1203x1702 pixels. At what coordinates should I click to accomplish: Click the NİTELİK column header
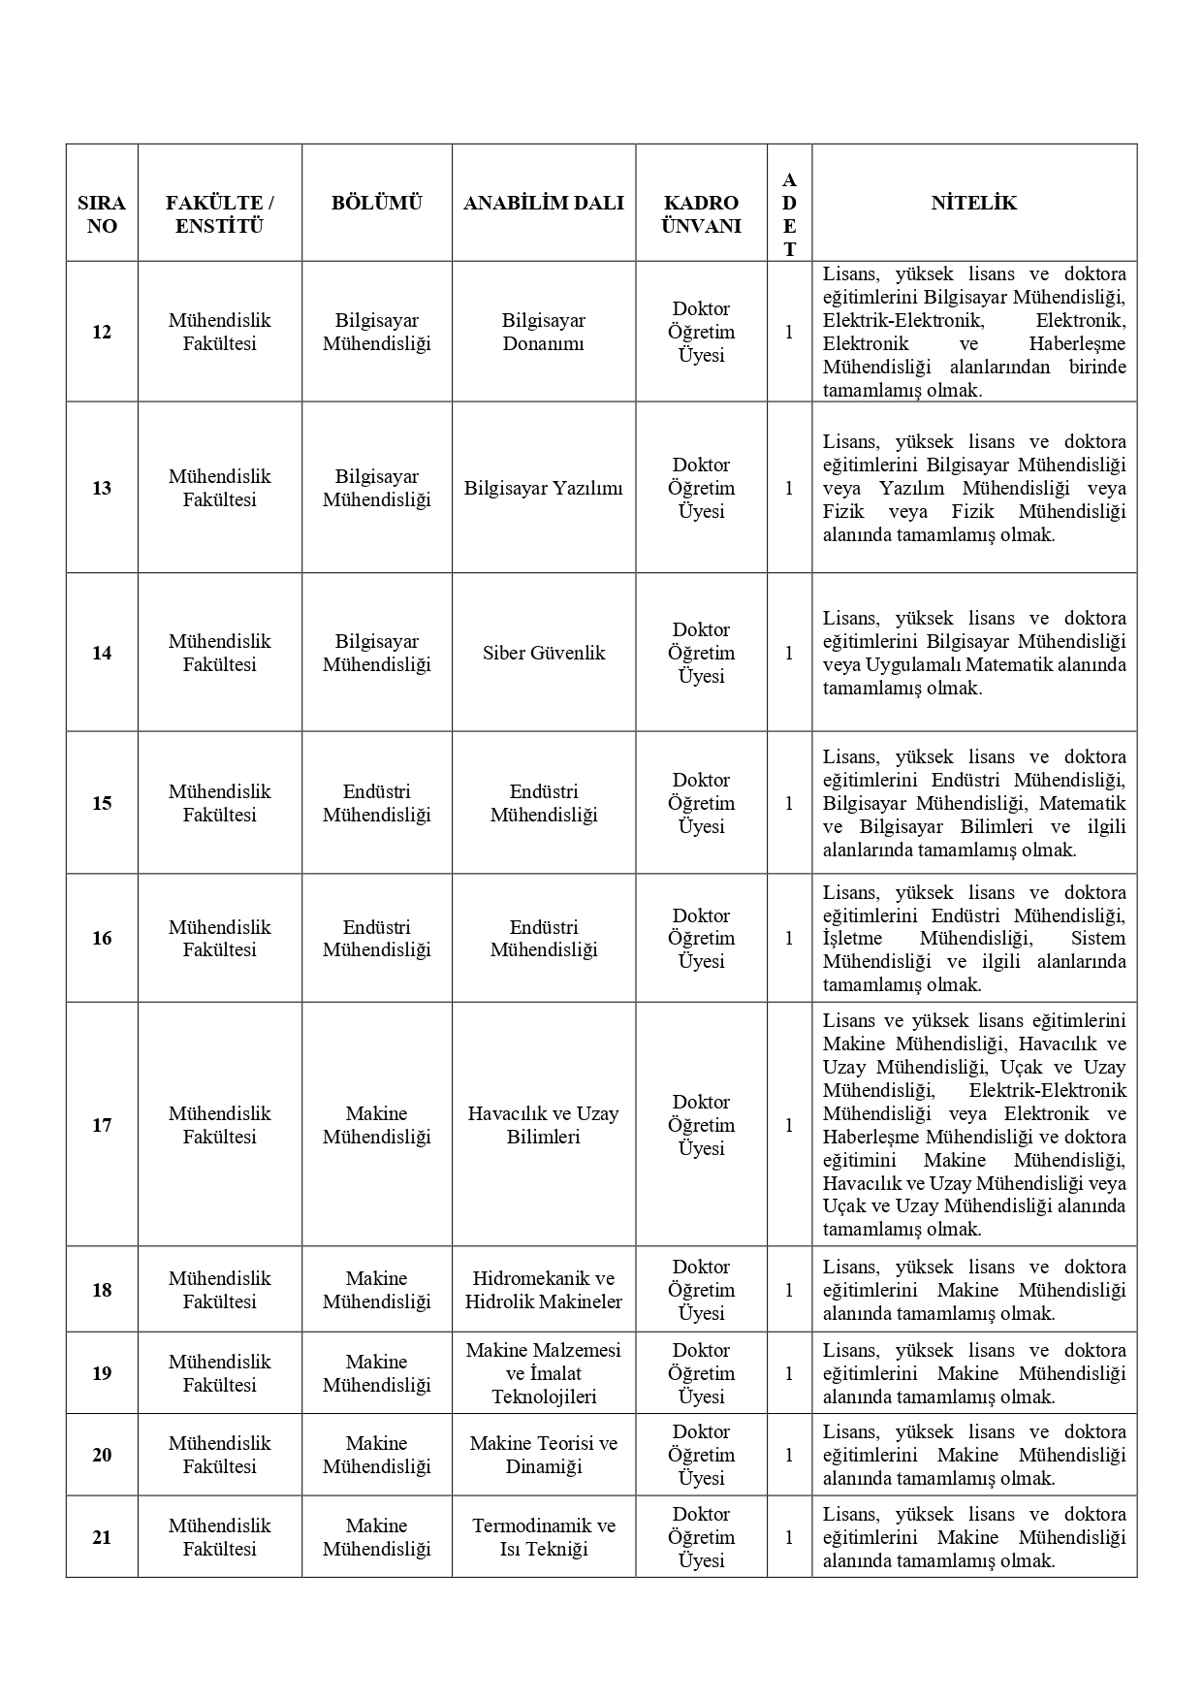pyautogui.click(x=973, y=203)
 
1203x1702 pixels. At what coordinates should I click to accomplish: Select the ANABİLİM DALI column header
pyautogui.click(x=543, y=203)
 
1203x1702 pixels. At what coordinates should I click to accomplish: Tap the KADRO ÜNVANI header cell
pyautogui.click(x=701, y=214)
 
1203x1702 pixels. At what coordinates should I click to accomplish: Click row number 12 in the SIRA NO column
pyautogui.click(x=102, y=332)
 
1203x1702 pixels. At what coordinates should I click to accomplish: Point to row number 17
pyautogui.click(x=102, y=1125)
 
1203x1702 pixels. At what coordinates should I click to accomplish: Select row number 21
pyautogui.click(x=102, y=1537)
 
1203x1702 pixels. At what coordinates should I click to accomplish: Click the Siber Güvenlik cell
pyautogui.click(x=543, y=653)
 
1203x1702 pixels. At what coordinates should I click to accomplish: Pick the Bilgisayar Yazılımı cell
pyautogui.click(x=543, y=488)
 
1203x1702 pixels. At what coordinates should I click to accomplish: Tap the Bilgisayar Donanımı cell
pyautogui.click(x=543, y=332)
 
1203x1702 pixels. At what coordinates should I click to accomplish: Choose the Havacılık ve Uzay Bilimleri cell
pyautogui.click(x=543, y=1125)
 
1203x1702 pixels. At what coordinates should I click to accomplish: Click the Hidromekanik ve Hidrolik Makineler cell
pyautogui.click(x=543, y=1290)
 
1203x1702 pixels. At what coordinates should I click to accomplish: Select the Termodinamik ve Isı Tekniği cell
pyautogui.click(x=543, y=1537)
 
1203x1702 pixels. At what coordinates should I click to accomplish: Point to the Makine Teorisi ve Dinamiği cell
pyautogui.click(x=543, y=1455)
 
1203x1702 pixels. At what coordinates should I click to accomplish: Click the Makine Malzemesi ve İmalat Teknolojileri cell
pyautogui.click(x=543, y=1373)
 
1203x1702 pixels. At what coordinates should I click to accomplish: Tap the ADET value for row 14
pyautogui.click(x=789, y=653)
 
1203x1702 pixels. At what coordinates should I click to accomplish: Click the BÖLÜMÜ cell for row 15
pyautogui.click(x=376, y=803)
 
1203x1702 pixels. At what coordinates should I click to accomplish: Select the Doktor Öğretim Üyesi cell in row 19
pyautogui.click(x=701, y=1373)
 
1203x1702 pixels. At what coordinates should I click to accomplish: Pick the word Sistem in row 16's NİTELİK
pyautogui.click(x=1098, y=938)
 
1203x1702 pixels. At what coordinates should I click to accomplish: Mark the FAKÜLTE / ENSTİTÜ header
pyautogui.click(x=219, y=214)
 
